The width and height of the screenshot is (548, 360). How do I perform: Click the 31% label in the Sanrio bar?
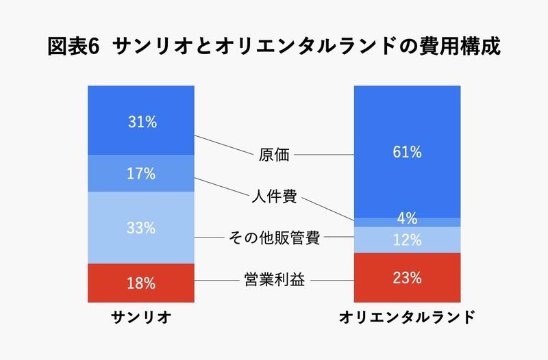coord(142,122)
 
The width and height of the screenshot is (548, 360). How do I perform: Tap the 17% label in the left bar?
coord(142,174)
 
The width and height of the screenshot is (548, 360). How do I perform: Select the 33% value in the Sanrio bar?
coord(142,228)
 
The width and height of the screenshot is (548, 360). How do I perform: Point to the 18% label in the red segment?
coord(142,283)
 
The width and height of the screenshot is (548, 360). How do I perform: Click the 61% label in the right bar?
coord(407,152)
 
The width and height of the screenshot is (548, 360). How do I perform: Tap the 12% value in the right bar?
coord(407,240)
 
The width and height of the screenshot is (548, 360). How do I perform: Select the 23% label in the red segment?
coord(407,278)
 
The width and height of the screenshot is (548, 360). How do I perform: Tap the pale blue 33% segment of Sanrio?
coord(110,228)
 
